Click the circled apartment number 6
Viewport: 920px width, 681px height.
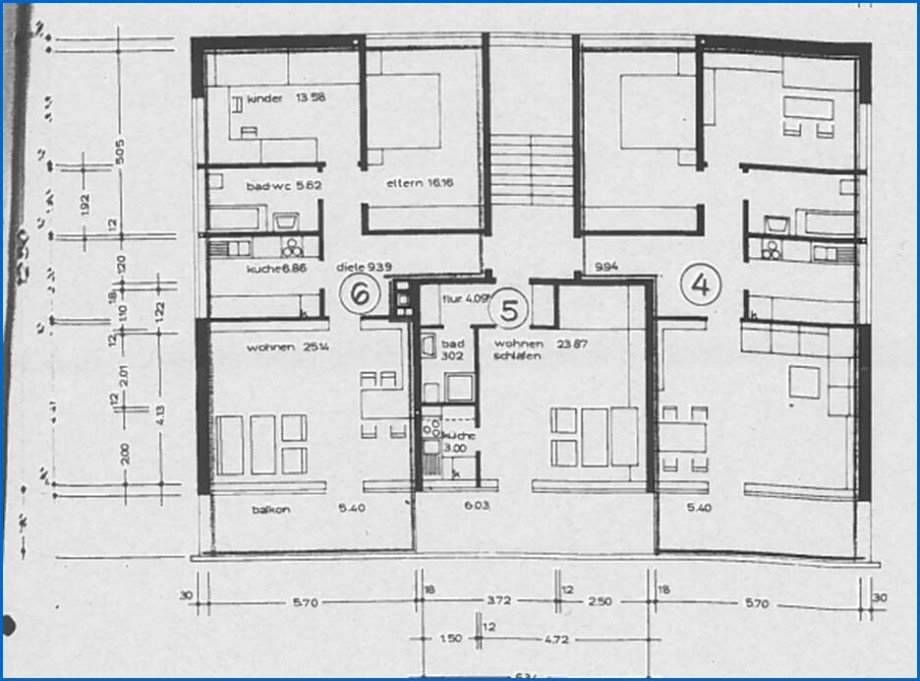pos(359,293)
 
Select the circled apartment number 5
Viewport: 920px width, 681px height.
pos(509,310)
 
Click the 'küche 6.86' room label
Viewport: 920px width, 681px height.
pos(269,270)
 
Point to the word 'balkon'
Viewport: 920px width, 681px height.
pos(272,510)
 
